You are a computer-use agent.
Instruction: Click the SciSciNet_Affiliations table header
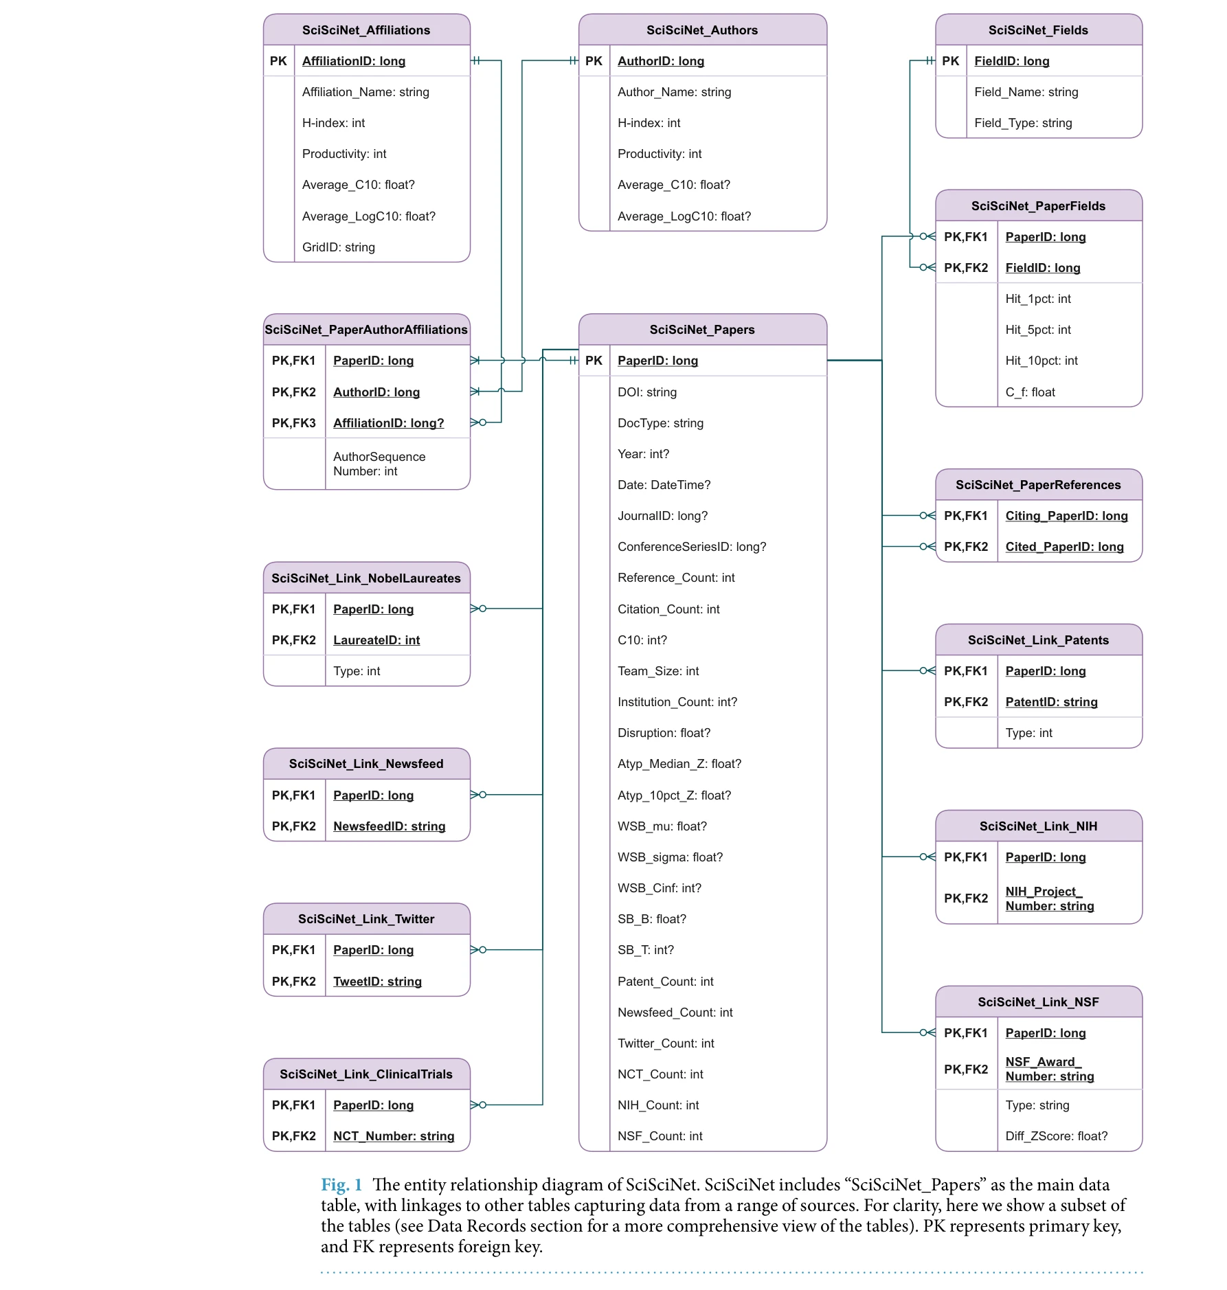tap(366, 30)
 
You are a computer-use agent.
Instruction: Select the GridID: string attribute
tap(338, 247)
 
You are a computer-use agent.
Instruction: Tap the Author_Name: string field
tap(674, 92)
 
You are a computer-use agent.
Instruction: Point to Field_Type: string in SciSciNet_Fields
tap(1023, 123)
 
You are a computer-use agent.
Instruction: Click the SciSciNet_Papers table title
tap(702, 330)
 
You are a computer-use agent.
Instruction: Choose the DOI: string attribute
tap(647, 392)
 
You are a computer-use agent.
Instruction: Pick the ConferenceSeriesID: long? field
tap(692, 547)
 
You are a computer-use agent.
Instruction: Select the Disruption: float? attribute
tap(664, 733)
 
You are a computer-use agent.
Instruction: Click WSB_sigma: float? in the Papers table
tap(670, 857)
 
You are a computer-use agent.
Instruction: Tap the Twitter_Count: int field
tap(666, 1043)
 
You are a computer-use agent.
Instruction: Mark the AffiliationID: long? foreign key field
tap(389, 423)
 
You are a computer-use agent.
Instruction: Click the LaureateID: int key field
tap(376, 640)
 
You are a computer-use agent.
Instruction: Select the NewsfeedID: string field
tap(390, 826)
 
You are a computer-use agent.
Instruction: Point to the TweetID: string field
tap(377, 982)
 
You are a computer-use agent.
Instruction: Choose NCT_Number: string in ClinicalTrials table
tap(394, 1136)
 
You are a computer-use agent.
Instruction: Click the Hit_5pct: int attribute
tap(1038, 330)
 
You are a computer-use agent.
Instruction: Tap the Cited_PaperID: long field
tap(1065, 547)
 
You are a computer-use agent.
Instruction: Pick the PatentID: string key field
tap(1051, 702)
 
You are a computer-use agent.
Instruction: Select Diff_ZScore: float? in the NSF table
tap(1057, 1136)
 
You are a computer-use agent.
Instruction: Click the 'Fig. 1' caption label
tap(341, 1185)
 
